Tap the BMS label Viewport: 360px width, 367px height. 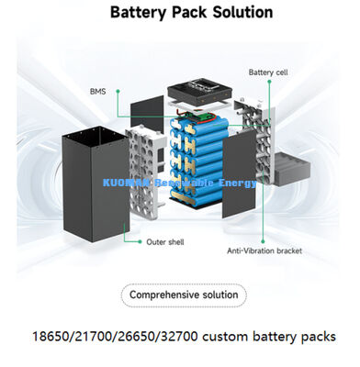(x=98, y=91)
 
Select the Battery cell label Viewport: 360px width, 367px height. (x=268, y=72)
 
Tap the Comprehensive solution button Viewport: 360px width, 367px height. (x=184, y=295)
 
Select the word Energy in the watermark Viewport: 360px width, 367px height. (x=240, y=183)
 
